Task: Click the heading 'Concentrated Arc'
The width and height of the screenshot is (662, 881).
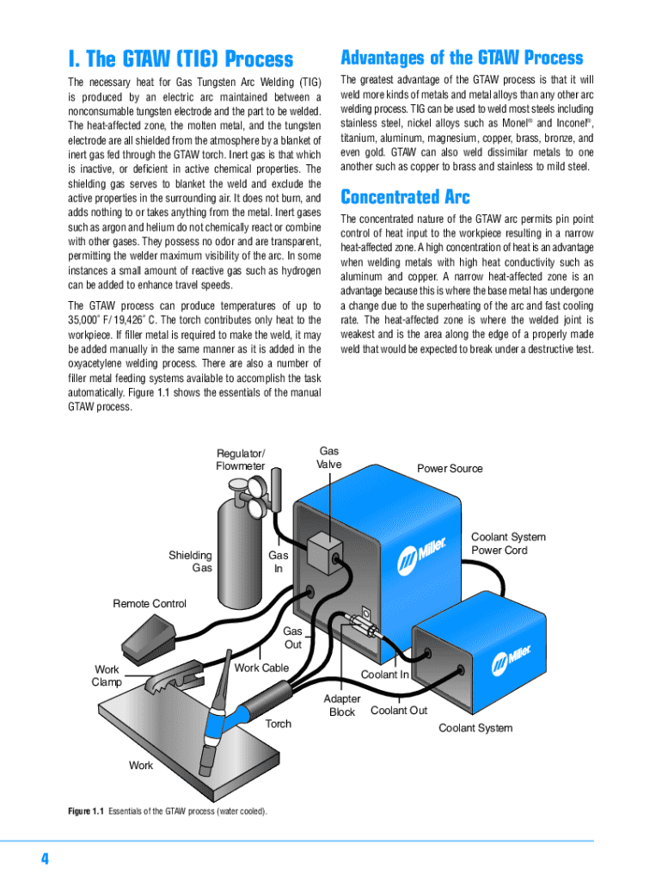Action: tap(405, 196)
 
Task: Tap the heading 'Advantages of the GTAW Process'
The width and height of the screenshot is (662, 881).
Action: tap(462, 58)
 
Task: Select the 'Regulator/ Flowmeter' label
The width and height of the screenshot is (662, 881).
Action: tap(241, 459)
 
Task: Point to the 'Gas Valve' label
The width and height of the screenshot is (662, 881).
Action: tap(328, 458)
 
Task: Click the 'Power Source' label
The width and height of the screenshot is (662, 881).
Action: tap(450, 469)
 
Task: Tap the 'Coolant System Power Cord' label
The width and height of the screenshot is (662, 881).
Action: tap(508, 544)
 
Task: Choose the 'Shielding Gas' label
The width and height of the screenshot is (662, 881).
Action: tap(190, 562)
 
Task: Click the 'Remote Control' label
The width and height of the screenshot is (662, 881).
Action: tap(150, 604)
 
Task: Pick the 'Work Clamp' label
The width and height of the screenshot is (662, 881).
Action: tap(107, 675)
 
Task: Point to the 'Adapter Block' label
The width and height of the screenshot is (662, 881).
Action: tap(342, 705)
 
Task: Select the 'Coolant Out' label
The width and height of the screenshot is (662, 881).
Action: tap(398, 711)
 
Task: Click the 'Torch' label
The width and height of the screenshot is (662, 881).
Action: tap(278, 724)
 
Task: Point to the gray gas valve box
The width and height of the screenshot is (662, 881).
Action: tap(325, 551)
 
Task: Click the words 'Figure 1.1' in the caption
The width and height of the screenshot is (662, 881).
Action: tap(86, 812)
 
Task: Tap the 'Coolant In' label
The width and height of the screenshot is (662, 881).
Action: tap(384, 675)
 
